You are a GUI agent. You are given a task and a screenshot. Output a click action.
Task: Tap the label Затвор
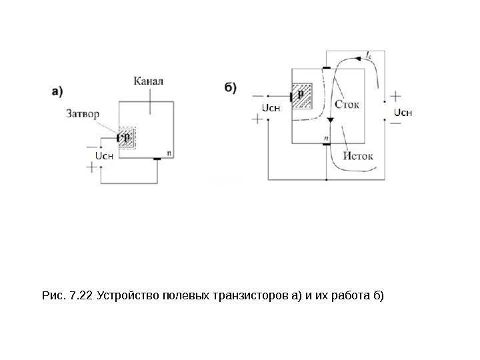[x=83, y=114]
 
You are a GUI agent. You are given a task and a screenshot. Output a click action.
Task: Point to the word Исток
[x=359, y=157]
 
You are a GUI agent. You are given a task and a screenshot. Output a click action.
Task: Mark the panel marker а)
[x=59, y=89]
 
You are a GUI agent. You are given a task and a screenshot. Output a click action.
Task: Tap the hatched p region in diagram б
[x=305, y=96]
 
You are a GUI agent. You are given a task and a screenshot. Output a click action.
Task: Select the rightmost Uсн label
[x=403, y=111]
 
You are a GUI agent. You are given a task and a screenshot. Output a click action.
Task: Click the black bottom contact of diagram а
[x=157, y=159]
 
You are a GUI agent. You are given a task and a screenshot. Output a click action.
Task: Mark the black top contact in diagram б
[x=326, y=68]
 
